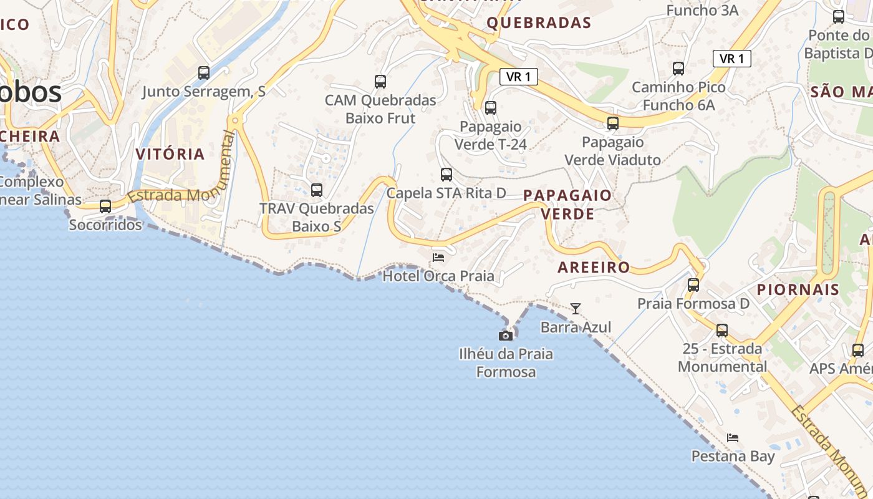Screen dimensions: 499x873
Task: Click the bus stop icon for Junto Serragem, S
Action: pos(204,73)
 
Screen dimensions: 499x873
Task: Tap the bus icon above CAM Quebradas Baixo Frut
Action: pos(380,81)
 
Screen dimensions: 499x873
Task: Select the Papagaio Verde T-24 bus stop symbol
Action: pos(491,108)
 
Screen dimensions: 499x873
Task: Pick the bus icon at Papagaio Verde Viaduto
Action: pos(613,124)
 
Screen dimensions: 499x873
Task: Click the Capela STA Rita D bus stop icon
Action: pos(446,175)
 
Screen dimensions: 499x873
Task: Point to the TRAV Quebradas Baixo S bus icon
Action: pos(317,190)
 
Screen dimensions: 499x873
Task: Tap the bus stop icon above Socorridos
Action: pos(105,206)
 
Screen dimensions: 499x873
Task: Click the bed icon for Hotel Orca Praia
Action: pos(438,257)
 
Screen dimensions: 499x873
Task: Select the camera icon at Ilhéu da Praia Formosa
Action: pos(506,336)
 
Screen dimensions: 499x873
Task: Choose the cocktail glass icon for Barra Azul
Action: pos(576,309)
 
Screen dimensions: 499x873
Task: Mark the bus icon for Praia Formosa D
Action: pos(693,285)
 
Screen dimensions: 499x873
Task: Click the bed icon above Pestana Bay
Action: pos(733,438)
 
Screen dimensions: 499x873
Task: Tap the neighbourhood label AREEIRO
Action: pos(594,268)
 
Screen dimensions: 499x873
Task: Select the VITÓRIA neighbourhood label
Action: pos(170,154)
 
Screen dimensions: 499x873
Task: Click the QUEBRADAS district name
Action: pos(539,23)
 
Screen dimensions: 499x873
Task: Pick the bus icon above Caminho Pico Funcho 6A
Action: pos(678,69)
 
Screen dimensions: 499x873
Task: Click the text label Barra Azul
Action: pos(576,327)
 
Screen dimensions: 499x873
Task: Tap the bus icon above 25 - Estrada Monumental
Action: pos(722,330)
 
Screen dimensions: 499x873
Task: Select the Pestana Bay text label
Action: pos(733,457)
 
